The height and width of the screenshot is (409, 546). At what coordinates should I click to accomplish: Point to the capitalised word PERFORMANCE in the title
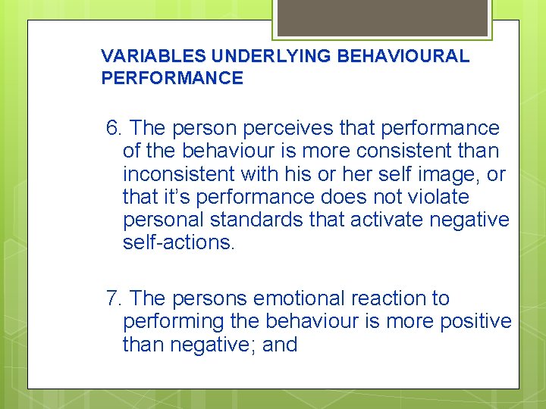[x=172, y=78]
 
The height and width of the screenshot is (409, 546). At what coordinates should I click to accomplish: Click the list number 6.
[x=115, y=129]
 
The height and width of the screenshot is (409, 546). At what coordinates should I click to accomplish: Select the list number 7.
[x=115, y=299]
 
